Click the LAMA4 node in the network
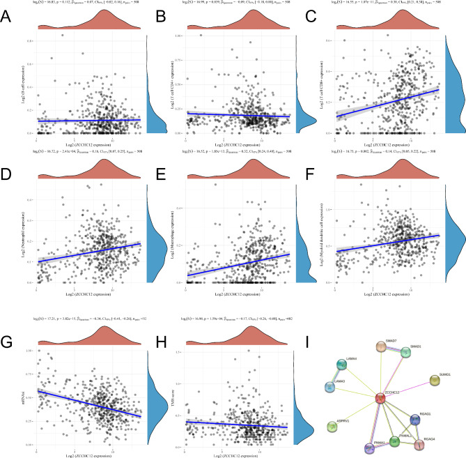click(x=343, y=363)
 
